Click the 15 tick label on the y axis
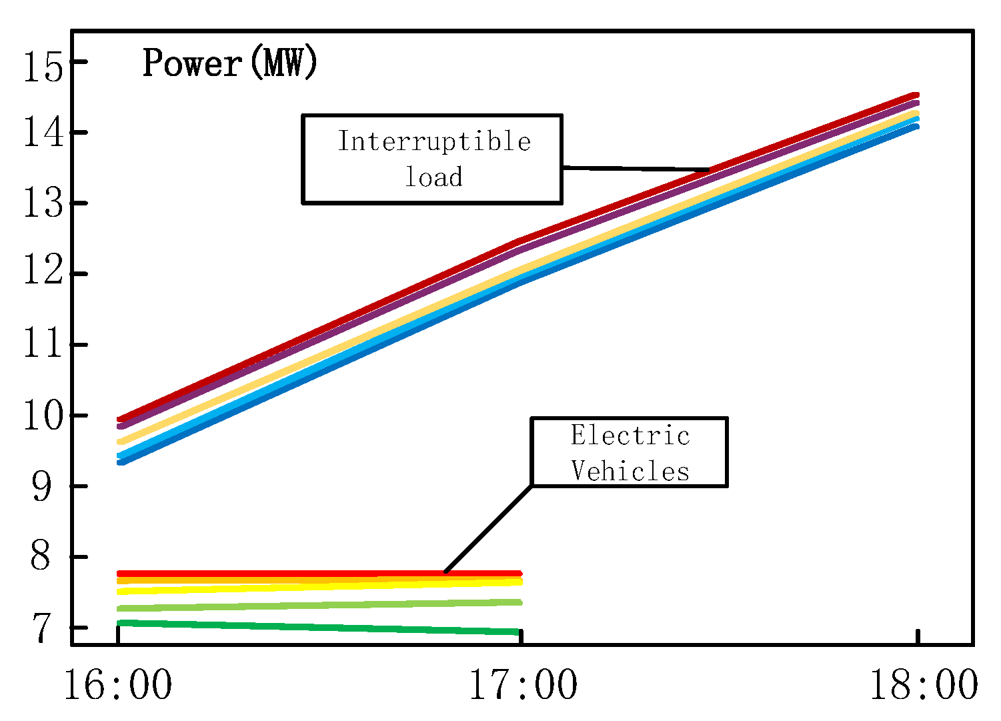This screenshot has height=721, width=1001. tap(44, 67)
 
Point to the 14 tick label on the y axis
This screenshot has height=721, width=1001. tap(44, 133)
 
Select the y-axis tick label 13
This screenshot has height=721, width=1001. tap(44, 203)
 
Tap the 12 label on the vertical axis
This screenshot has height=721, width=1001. tap(44, 274)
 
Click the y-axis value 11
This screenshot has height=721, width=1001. tap(44, 345)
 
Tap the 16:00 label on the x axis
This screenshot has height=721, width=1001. tap(118, 685)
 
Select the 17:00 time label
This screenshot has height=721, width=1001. tap(524, 685)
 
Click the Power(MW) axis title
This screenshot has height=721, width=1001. tap(230, 64)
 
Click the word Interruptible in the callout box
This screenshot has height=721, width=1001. tap(434, 141)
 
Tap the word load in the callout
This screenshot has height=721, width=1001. tap(434, 177)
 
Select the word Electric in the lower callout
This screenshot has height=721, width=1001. tap(630, 436)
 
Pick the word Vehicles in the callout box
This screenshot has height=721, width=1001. tap(630, 472)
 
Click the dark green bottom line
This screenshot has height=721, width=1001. tap(320, 627)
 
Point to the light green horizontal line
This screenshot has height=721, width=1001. tap(320, 606)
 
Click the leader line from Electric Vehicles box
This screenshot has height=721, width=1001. tap(489, 529)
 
